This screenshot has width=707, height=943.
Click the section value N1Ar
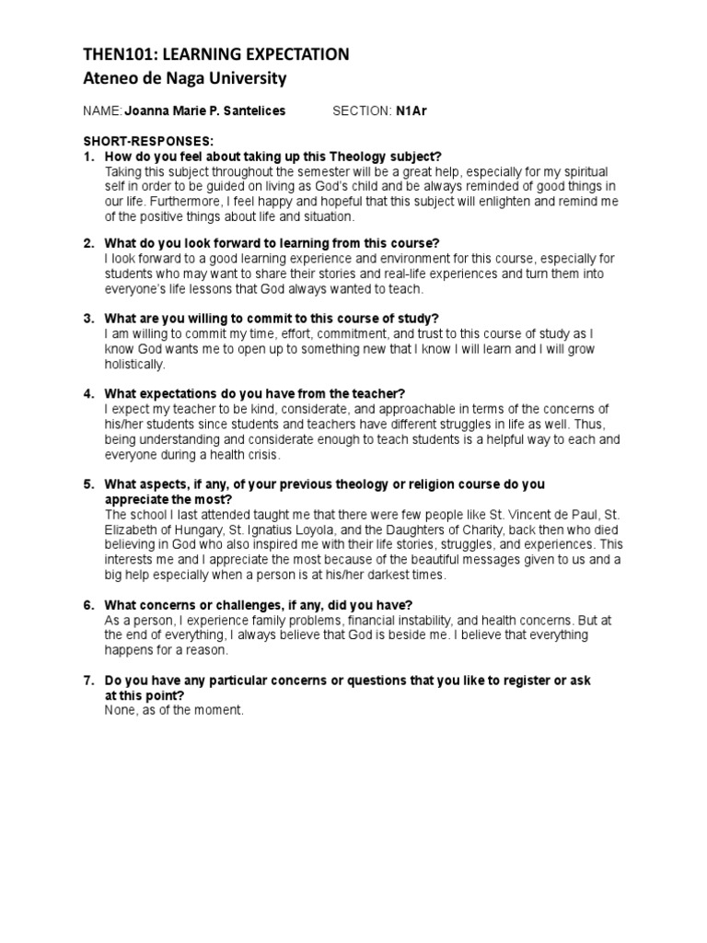(411, 111)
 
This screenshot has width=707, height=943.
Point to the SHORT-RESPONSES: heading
(147, 141)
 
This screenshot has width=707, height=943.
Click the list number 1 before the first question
(88, 157)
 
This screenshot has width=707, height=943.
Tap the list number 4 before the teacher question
(88, 393)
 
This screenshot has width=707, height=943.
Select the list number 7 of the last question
(88, 681)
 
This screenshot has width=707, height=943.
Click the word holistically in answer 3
(135, 365)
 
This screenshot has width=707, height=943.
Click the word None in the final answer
(121, 710)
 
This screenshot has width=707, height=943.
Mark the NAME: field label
(101, 111)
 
